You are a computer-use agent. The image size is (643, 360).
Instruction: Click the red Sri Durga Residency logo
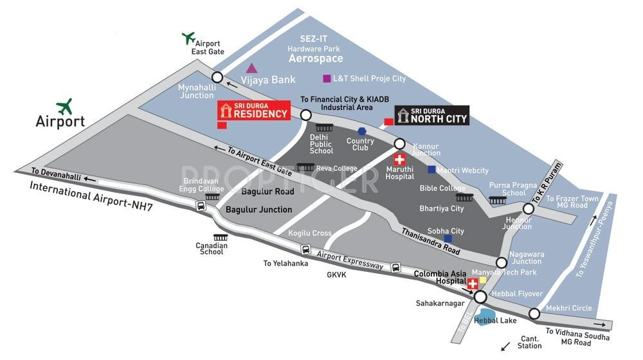[253, 111]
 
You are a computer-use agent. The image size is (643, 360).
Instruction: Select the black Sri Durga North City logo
[431, 115]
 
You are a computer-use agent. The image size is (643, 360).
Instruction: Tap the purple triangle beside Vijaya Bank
[252, 67]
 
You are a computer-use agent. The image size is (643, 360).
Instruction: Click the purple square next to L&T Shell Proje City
[327, 78]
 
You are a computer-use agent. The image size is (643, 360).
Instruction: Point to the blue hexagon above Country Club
[362, 131]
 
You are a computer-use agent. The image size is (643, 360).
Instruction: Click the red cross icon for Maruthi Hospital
[399, 159]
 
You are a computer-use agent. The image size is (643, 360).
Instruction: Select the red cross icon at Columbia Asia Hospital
[473, 283]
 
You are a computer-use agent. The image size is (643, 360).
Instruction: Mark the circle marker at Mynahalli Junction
[217, 77]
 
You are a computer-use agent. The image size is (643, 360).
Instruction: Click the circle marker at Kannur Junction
[399, 143]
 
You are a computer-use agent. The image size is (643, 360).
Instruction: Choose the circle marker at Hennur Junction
[529, 209]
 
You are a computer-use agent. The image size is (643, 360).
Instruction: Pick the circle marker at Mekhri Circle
[534, 314]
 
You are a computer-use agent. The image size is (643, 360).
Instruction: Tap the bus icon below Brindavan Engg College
[201, 206]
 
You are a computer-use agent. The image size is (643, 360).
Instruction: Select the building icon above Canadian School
[211, 237]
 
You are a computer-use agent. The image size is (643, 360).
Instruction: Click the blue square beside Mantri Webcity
[432, 170]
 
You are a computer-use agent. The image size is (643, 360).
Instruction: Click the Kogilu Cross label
[310, 233]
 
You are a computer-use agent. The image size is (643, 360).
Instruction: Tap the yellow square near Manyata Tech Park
[482, 280]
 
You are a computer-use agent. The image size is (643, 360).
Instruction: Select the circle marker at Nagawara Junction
[502, 262]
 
